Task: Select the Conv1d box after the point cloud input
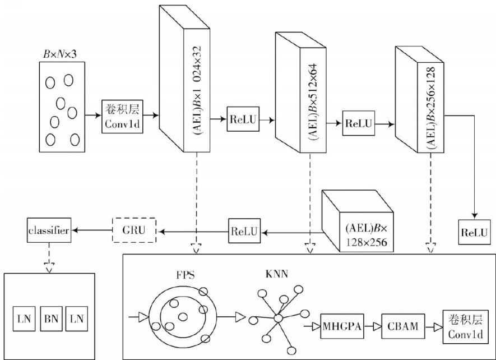click(x=120, y=117)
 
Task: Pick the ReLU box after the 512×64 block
click(x=359, y=123)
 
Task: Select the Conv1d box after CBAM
click(x=461, y=326)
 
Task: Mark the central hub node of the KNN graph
click(x=277, y=318)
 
